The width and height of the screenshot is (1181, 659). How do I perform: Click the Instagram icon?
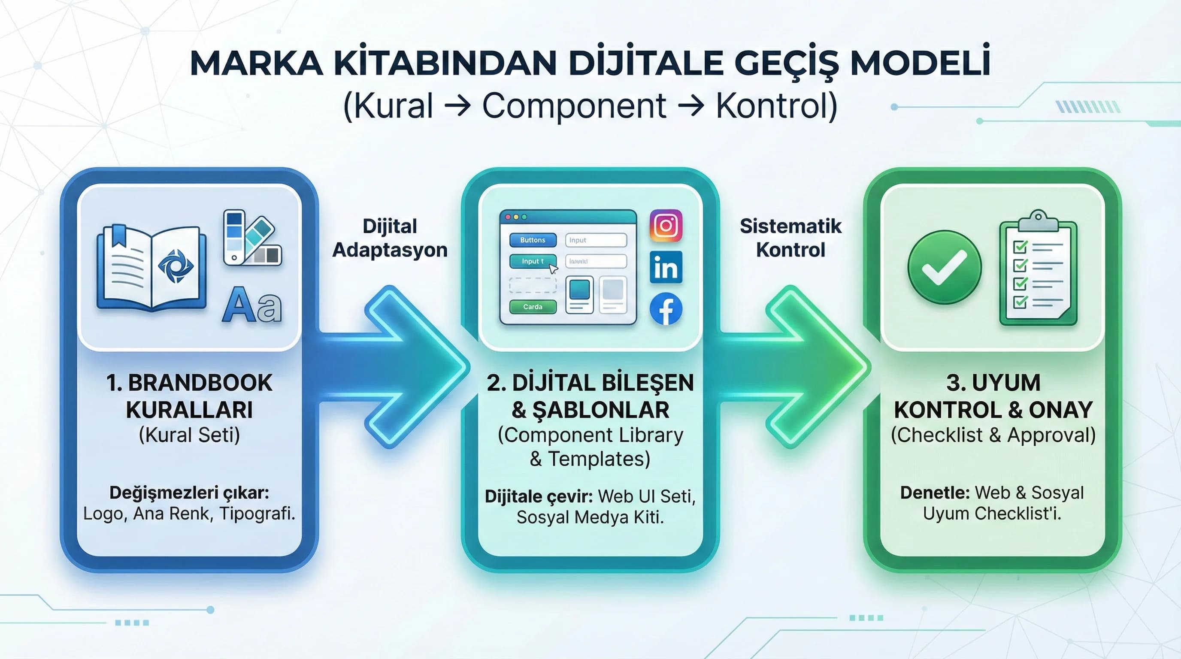click(x=666, y=226)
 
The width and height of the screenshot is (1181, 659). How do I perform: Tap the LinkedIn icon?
click(x=666, y=267)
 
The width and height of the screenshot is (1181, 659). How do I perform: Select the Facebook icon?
click(x=666, y=309)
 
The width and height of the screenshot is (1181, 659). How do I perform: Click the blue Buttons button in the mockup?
click(x=533, y=240)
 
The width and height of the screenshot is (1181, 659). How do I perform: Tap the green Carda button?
click(x=533, y=307)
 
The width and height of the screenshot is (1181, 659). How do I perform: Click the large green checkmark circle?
click(x=945, y=267)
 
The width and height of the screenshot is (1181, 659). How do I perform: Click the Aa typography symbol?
click(x=252, y=305)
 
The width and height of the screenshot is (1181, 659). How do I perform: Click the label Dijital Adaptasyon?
click(x=390, y=238)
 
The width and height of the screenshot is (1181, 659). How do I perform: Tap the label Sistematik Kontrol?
click(x=790, y=238)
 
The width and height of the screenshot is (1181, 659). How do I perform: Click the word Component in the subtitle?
click(x=574, y=106)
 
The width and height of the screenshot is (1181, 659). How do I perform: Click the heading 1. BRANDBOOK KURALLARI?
click(x=189, y=396)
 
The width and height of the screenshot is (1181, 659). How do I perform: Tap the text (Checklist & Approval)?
click(x=993, y=435)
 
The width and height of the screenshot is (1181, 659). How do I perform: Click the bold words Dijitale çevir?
click(x=539, y=497)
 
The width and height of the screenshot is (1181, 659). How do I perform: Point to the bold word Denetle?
click(x=935, y=493)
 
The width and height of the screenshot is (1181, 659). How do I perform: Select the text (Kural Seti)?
click(x=189, y=435)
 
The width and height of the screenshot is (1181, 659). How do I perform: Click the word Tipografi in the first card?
click(x=256, y=514)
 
